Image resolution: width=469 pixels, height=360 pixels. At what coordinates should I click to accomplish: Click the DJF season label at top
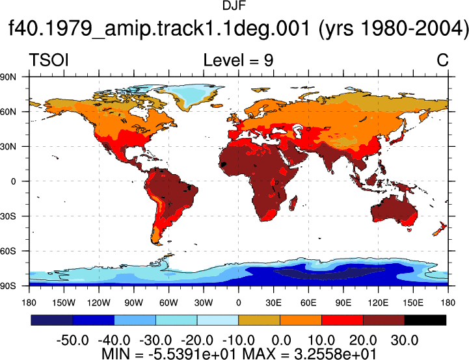pos(234,6)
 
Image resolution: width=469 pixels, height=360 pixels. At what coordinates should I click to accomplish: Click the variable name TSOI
pos(49,60)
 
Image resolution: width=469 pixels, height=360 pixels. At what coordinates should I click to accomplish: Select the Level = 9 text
pos(238,60)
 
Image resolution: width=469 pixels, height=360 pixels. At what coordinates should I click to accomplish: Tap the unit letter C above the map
pos(442,60)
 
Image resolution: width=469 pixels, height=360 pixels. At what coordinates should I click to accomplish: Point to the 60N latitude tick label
pos(8,112)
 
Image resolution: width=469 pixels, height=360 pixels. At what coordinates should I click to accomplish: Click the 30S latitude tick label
pos(8,216)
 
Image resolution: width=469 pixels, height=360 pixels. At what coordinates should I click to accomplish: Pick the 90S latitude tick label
pos(8,286)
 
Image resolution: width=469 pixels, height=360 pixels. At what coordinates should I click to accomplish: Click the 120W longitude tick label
pos(99,303)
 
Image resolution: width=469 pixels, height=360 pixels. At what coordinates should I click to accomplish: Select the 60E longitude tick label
pos(308,303)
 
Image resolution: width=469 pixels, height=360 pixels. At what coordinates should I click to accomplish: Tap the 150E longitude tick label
pos(413,303)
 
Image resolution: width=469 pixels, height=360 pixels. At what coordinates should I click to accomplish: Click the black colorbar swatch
pos(425,320)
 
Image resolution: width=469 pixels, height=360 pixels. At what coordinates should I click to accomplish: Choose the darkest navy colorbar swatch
pos(52,320)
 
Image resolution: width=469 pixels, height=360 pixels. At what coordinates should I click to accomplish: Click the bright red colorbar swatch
pos(342,320)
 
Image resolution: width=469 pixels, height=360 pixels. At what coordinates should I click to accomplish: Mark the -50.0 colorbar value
pos(73,341)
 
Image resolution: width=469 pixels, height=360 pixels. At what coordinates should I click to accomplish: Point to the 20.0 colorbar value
pos(363,341)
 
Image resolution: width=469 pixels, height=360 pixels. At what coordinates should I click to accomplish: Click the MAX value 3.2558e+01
pos(335,354)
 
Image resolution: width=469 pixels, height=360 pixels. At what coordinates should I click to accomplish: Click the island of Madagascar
pos(293,203)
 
